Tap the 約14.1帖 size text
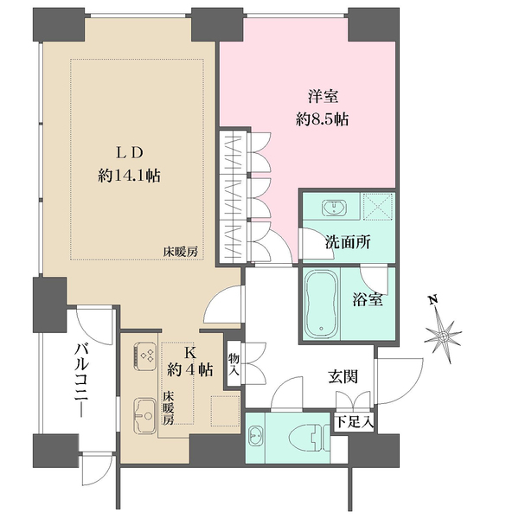pos(130,176)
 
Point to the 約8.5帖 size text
pos(322,120)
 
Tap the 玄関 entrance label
pos(343,377)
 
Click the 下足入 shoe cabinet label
pos(355,423)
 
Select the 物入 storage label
pos(234,365)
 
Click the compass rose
pos(448,332)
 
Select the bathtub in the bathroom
pos(325,304)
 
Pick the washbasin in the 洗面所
pos(332,208)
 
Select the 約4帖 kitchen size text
pos(190,370)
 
